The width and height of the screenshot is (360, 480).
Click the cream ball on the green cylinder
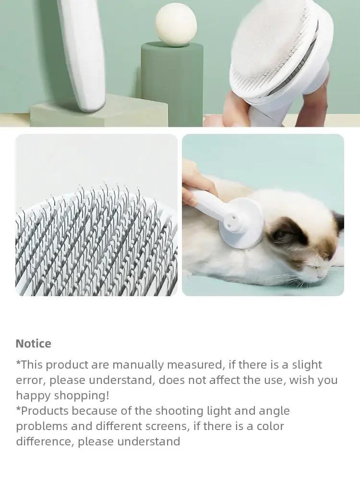pyautogui.click(x=176, y=26)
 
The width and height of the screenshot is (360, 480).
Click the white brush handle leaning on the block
pyautogui.click(x=83, y=55)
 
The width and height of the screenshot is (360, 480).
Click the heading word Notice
pyautogui.click(x=34, y=344)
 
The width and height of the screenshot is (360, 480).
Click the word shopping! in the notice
pyautogui.click(x=82, y=396)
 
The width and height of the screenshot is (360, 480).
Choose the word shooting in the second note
pyautogui.click(x=180, y=411)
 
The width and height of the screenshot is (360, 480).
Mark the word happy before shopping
pyautogui.click(x=34, y=396)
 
